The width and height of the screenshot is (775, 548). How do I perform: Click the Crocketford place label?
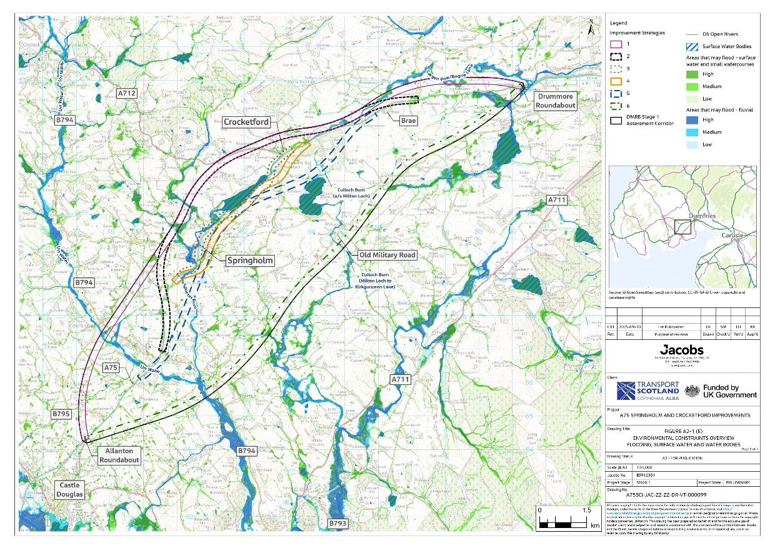247,122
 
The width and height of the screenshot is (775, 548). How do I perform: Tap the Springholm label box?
249,259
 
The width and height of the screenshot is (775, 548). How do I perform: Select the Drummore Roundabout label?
555,101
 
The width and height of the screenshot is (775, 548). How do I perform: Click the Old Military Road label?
387,255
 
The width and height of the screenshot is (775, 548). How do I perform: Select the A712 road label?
126,93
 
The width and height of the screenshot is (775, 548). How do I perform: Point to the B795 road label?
62,414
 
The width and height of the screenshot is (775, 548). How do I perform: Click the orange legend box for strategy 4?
616,81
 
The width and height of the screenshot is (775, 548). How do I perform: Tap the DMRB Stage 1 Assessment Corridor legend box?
616,121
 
